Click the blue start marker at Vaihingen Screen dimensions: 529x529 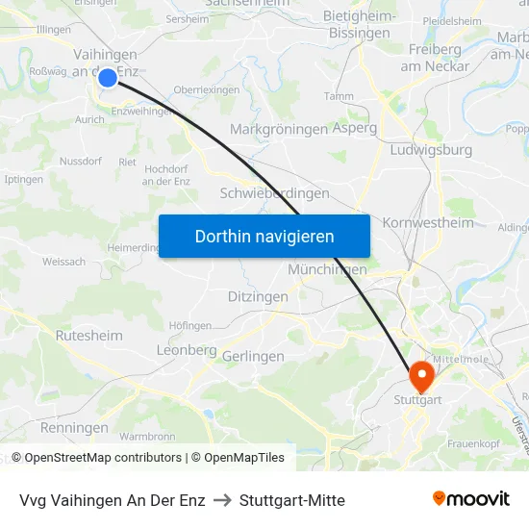pyautogui.click(x=108, y=77)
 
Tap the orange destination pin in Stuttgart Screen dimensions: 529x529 pyautogui.click(x=421, y=372)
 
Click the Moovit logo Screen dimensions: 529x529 pyautogui.click(x=471, y=498)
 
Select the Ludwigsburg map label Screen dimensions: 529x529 pyautogui.click(x=432, y=150)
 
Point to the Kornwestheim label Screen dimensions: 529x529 pyautogui.click(x=428, y=223)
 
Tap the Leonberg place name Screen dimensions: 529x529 pyautogui.click(x=187, y=351)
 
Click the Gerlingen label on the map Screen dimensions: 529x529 pyautogui.click(x=253, y=356)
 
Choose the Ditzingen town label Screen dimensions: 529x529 pyautogui.click(x=258, y=297)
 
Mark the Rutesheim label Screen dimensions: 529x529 pyautogui.click(x=88, y=336)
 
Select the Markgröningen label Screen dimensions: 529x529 pyautogui.click(x=279, y=129)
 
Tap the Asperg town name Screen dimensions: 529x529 pyautogui.click(x=354, y=128)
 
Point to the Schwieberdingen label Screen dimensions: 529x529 pyautogui.click(x=275, y=192)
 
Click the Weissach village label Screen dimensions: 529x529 pyautogui.click(x=63, y=262)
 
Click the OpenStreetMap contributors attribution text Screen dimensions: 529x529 pyautogui.click(x=103, y=458)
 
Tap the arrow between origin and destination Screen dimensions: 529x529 pyautogui.click(x=222, y=500)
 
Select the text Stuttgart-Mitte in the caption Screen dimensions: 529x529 pyautogui.click(x=291, y=500)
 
